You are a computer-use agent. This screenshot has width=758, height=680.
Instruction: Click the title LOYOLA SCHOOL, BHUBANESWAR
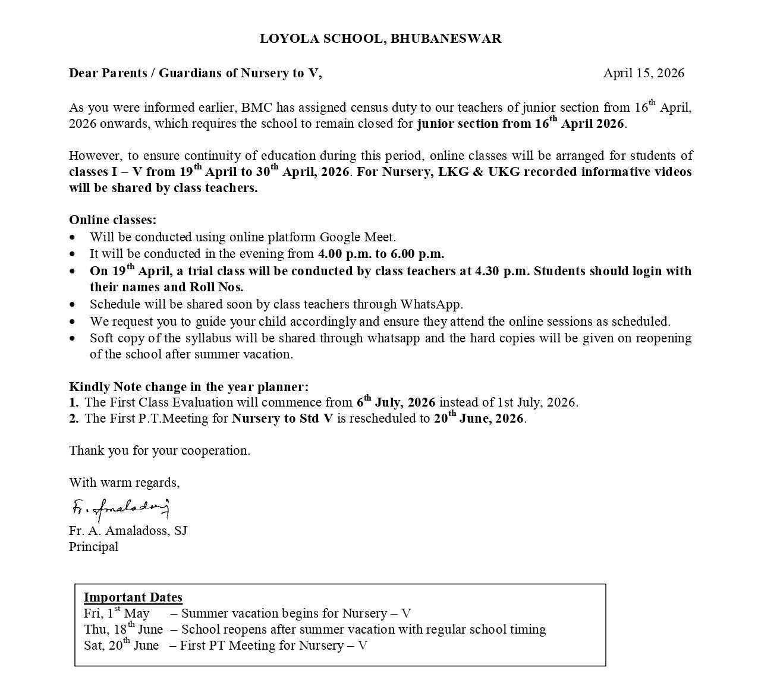(x=380, y=39)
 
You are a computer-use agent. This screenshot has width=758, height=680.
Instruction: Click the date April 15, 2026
(x=643, y=73)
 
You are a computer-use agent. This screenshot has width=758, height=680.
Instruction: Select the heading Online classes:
(x=113, y=220)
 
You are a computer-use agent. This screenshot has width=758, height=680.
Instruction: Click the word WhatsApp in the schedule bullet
(x=431, y=304)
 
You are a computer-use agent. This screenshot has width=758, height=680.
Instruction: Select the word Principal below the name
(x=93, y=547)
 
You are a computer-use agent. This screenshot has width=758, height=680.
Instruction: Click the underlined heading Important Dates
(x=133, y=597)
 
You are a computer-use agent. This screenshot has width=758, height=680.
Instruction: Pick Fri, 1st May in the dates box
(x=117, y=613)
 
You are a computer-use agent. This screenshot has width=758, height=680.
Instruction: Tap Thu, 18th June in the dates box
(x=123, y=629)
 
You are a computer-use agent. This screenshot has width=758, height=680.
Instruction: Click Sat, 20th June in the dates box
(x=121, y=646)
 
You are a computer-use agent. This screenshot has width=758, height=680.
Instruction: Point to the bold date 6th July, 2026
(x=396, y=402)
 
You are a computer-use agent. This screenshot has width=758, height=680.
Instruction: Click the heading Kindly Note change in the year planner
(x=188, y=387)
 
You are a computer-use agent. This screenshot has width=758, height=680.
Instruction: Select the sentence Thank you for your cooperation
(x=159, y=451)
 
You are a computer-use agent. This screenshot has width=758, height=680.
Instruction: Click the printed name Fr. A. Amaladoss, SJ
(x=128, y=531)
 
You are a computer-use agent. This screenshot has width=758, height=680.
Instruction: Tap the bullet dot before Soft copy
(x=73, y=339)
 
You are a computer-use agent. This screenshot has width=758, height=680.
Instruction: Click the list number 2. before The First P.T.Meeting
(x=74, y=418)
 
